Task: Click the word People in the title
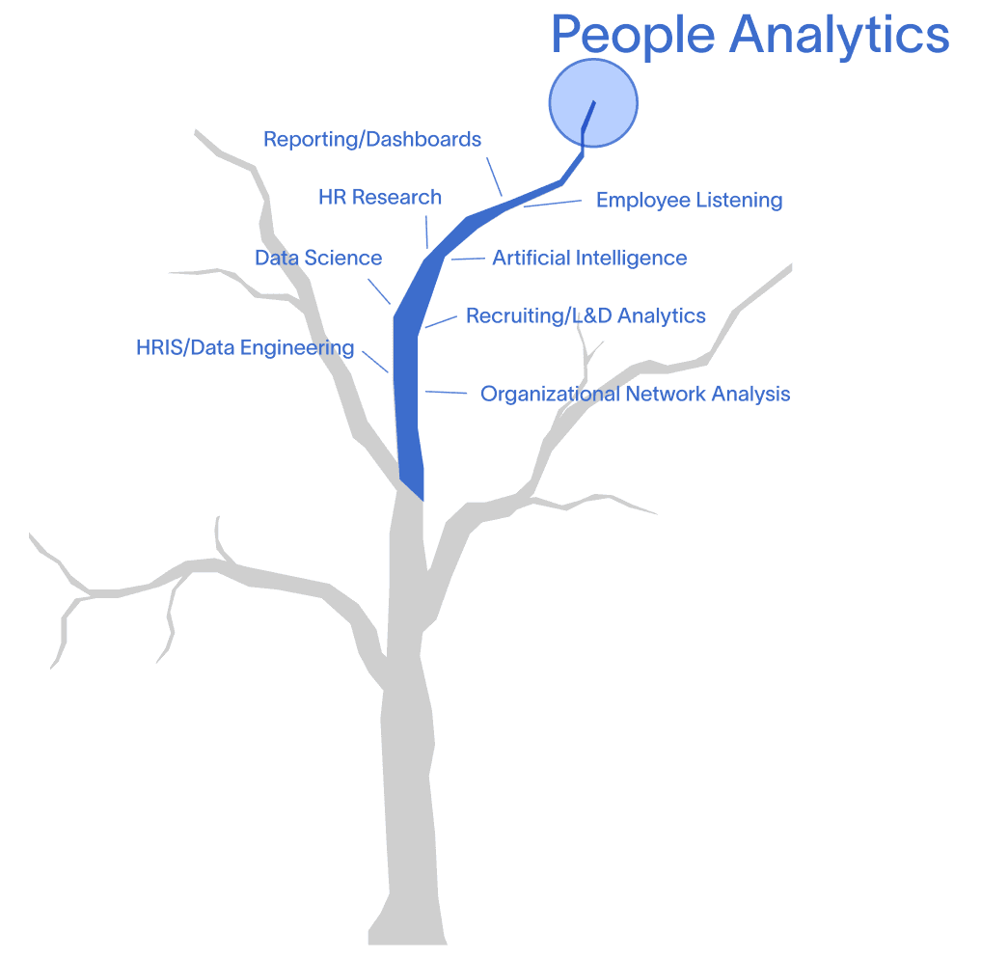[x=633, y=35]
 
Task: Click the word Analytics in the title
[x=839, y=35]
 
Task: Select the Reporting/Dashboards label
[x=372, y=140]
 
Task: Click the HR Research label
[x=380, y=198]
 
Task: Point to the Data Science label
[x=318, y=259]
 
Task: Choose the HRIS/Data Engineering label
[x=245, y=348]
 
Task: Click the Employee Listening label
[x=689, y=201]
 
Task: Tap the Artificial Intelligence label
[x=589, y=259]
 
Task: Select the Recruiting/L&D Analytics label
[x=586, y=316]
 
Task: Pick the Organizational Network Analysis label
[x=635, y=395]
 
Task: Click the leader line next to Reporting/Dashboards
[x=494, y=178]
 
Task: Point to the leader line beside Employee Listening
[x=553, y=203]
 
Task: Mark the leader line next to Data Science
[x=378, y=291]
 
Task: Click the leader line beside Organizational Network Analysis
[x=446, y=393]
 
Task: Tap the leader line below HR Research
[x=426, y=233]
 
